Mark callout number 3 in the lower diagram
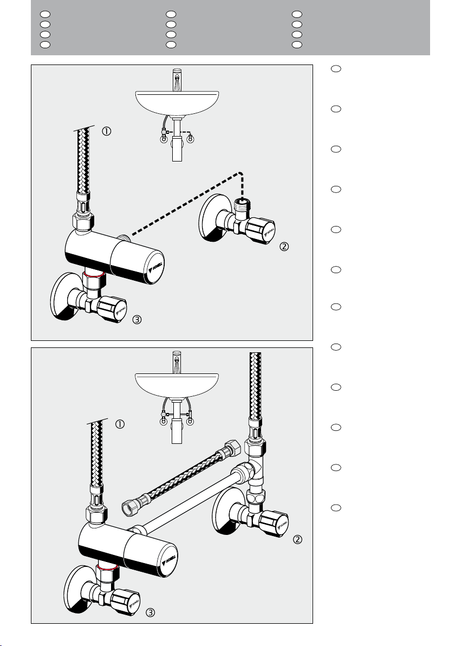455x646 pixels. (151, 613)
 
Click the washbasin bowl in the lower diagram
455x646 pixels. (176, 383)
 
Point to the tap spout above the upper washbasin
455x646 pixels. (176, 76)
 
